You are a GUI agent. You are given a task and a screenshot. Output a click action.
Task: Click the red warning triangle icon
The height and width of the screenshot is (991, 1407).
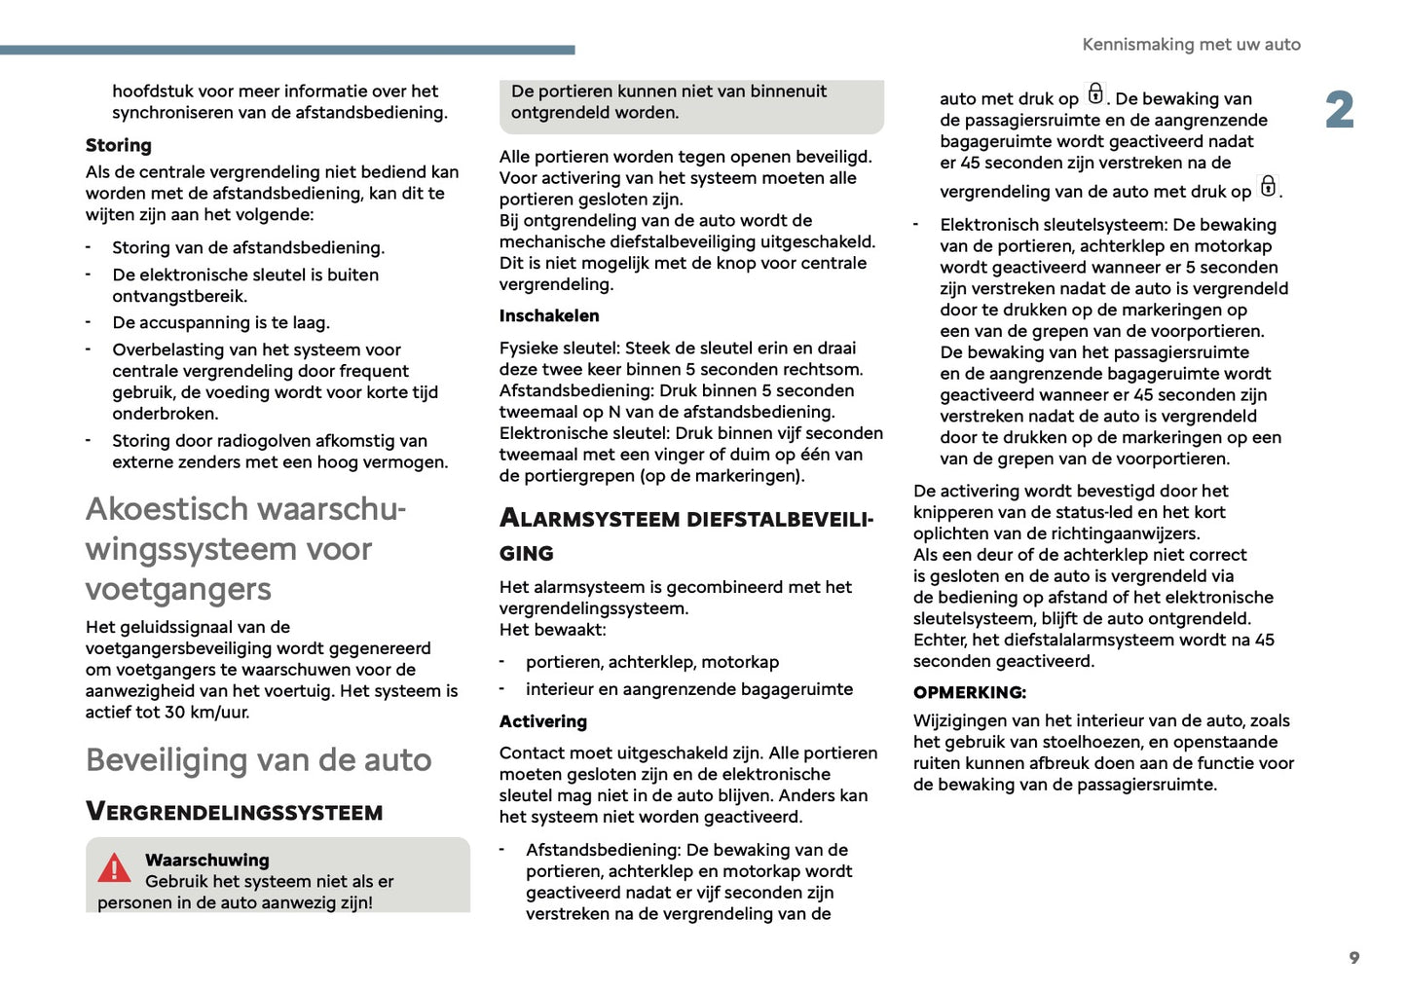tap(114, 867)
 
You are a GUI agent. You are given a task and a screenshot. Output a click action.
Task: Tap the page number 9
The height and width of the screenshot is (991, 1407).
tap(1353, 958)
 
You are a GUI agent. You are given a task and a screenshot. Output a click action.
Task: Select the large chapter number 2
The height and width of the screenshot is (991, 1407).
tap(1339, 110)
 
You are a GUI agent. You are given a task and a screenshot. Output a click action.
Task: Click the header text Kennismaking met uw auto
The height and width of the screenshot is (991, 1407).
tap(1191, 45)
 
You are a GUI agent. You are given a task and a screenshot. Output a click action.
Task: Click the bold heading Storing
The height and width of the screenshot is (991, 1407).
tap(119, 145)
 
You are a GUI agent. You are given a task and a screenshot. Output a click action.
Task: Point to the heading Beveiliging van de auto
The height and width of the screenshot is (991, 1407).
tap(258, 760)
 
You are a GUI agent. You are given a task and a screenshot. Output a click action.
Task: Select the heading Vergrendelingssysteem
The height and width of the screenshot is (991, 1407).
tap(235, 812)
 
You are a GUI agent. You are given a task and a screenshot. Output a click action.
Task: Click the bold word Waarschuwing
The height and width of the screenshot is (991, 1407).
tap(207, 860)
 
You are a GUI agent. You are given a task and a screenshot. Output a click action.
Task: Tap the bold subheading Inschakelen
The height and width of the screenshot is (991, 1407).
tap(549, 315)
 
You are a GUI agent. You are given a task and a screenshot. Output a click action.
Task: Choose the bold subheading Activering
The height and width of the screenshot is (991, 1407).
tap(543, 721)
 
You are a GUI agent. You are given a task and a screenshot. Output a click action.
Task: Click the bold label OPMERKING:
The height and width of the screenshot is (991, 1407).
tap(970, 692)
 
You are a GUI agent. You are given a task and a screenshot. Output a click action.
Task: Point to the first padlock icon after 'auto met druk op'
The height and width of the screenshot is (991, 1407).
tap(1095, 93)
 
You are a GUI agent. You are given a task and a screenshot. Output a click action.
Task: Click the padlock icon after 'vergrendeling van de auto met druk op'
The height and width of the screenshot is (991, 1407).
tap(1268, 185)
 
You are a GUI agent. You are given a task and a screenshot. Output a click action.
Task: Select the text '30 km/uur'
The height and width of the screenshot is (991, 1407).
tap(206, 712)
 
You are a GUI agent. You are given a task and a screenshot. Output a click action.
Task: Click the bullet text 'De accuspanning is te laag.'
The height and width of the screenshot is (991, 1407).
tap(221, 322)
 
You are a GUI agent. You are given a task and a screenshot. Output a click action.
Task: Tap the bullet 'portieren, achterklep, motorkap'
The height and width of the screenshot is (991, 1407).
tap(652, 662)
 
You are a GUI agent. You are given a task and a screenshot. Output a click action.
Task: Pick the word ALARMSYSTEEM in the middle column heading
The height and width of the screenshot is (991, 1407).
tap(590, 518)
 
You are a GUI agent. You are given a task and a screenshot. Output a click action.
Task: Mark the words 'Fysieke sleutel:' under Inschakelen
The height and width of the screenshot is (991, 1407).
tap(560, 348)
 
